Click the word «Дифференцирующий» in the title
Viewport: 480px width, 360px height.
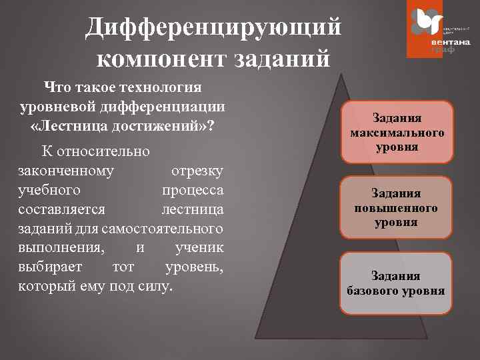pyautogui.click(x=213, y=27)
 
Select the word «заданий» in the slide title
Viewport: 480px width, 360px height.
pyautogui.click(x=282, y=59)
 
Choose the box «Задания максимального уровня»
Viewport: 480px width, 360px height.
pyautogui.click(x=397, y=132)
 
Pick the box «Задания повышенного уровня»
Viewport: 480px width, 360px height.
pyautogui.click(x=397, y=207)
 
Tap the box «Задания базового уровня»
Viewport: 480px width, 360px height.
pyautogui.click(x=397, y=283)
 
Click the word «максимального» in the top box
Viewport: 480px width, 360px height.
pyautogui.click(x=397, y=132)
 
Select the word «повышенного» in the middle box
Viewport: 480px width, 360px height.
pyautogui.click(x=397, y=208)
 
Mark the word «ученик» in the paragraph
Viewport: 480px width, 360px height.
pyautogui.click(x=199, y=248)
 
